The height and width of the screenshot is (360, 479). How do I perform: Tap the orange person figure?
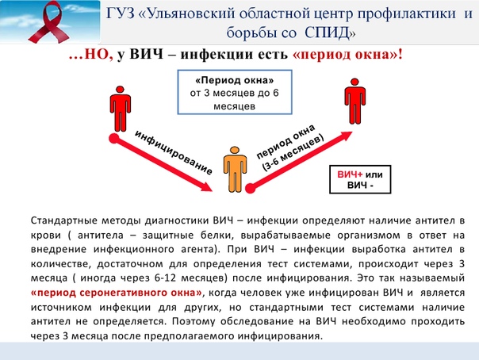[235, 170]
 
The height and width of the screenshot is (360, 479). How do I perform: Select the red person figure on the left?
[120, 109]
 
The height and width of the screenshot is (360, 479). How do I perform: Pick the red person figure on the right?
[354, 101]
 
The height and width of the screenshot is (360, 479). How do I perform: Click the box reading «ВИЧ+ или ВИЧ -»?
[360, 179]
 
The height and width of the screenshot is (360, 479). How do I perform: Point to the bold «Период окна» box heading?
[234, 81]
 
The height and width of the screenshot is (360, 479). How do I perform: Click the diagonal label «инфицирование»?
[174, 152]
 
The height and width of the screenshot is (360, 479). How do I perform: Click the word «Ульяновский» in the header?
[191, 14]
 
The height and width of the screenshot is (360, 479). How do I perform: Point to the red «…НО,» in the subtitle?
[91, 55]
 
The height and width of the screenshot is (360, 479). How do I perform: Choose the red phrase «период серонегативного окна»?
[117, 293]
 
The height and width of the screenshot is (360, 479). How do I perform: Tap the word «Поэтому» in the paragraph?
[194, 321]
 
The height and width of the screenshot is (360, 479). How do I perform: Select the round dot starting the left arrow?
[114, 139]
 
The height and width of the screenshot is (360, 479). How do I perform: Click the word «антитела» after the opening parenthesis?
[101, 236]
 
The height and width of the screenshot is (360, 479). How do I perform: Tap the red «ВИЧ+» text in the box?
[350, 174]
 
